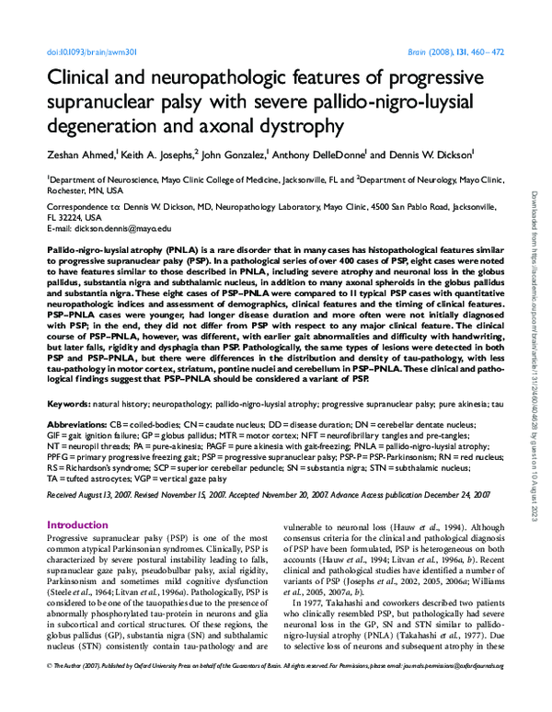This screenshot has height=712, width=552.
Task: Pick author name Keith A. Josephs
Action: pos(156,155)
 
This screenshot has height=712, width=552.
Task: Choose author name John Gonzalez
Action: pos(235,155)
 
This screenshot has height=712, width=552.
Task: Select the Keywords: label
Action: pos(68,404)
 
